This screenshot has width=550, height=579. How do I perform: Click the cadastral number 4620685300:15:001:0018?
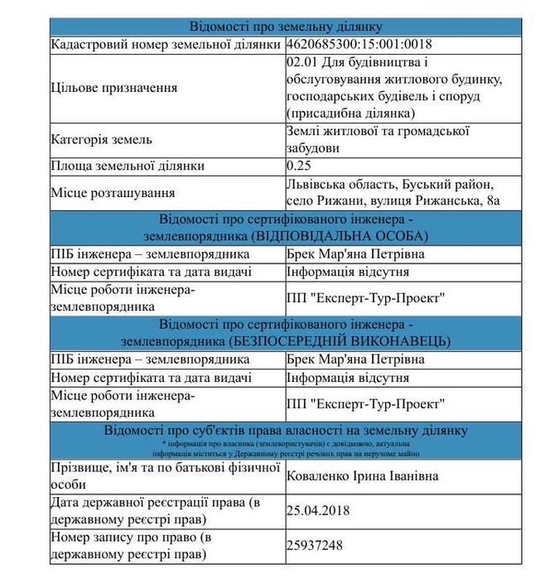[x=360, y=45]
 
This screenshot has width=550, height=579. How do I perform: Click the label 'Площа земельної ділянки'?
[x=128, y=166]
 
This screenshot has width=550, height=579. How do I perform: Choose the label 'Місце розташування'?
[x=113, y=193]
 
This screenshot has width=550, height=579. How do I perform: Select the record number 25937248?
[x=313, y=545]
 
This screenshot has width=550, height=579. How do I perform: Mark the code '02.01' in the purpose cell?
[x=301, y=62]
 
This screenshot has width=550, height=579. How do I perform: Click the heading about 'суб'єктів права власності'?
[x=286, y=431]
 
